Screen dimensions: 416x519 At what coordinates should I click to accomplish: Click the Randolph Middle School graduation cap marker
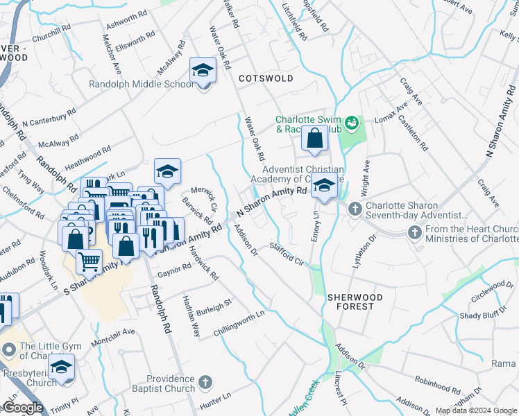click(x=203, y=70)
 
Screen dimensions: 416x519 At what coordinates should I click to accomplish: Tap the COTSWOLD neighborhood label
click(x=266, y=78)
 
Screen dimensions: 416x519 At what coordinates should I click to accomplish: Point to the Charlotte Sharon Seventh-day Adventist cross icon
click(x=355, y=208)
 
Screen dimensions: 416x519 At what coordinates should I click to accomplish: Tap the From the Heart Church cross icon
click(x=416, y=232)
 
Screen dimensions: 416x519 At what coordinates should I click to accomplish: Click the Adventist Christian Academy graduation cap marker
click(x=324, y=185)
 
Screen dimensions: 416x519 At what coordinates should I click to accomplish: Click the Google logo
click(x=23, y=408)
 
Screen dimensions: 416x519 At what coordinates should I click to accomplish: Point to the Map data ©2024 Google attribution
click(x=476, y=410)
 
